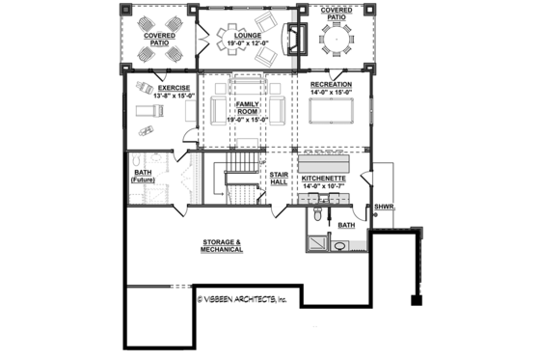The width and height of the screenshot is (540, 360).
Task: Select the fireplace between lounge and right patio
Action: coord(295,40)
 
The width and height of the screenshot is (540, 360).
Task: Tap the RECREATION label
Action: coord(331,85)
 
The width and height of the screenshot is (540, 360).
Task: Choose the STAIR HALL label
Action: coord(281,179)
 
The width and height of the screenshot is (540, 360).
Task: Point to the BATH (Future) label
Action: coord(143,178)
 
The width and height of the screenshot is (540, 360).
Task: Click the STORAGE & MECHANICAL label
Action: coord(222,245)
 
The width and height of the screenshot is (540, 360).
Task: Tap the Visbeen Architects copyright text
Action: coord(243,300)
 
